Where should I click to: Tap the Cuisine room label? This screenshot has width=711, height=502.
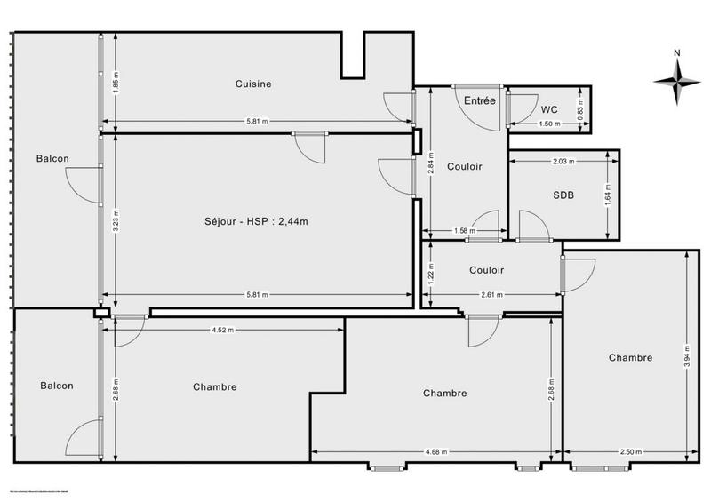click(x=253, y=84)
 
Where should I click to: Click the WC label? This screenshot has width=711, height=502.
click(x=550, y=109)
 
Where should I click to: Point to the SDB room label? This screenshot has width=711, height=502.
click(x=563, y=196)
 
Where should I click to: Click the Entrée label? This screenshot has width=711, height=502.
click(x=480, y=101)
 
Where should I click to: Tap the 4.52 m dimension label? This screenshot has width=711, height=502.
click(x=222, y=331)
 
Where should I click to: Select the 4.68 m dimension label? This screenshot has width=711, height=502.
click(x=435, y=452)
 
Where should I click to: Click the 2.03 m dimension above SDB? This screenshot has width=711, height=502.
click(x=563, y=163)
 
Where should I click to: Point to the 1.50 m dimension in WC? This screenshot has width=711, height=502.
click(x=550, y=124)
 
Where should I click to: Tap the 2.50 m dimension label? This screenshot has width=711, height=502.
click(x=629, y=452)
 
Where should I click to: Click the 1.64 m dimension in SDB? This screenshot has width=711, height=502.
click(x=607, y=194)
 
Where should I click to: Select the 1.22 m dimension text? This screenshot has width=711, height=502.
click(x=431, y=275)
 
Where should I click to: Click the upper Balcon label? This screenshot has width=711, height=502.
click(x=52, y=159)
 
